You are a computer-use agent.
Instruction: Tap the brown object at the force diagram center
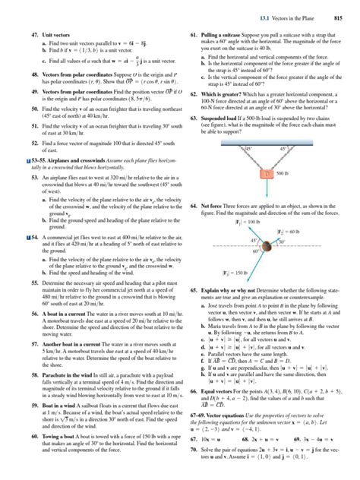(x=260, y=247)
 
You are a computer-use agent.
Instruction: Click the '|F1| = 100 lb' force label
(x=229, y=223)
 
